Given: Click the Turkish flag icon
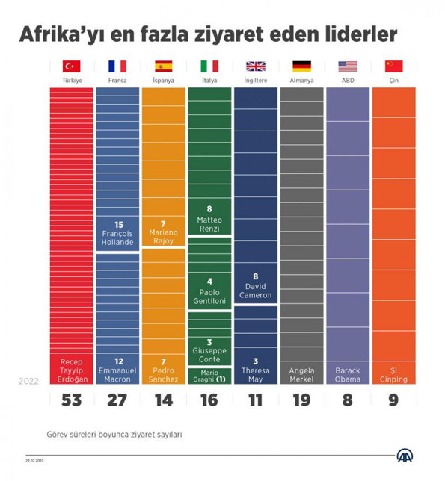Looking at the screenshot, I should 72,66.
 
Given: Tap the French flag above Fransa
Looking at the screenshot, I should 117,66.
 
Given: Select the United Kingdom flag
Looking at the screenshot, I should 256,66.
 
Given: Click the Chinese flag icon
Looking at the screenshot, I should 393,66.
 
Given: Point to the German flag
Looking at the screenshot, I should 302,66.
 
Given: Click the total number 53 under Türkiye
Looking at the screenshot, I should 72,400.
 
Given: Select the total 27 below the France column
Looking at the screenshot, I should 117,400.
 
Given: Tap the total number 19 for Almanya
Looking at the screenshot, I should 302,400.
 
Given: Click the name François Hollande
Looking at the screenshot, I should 117,238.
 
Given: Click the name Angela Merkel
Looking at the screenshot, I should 302,375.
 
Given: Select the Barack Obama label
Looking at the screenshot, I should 348,375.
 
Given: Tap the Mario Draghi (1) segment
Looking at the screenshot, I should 209,376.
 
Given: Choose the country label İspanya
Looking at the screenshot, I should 163,80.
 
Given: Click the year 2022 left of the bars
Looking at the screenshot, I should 30,381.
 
